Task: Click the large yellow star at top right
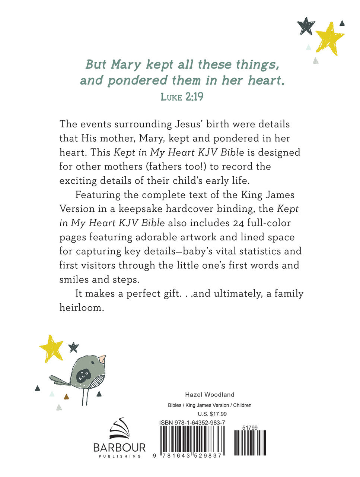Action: pyautogui.click(x=329, y=38)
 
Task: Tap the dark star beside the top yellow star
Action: pyautogui.click(x=306, y=26)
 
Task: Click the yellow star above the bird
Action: pyautogui.click(x=51, y=348)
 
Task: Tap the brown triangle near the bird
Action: pyautogui.click(x=66, y=397)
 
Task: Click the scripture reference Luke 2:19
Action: pyautogui.click(x=182, y=97)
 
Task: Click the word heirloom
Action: pyautogui.click(x=81, y=308)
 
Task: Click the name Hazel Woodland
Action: pyautogui.click(x=210, y=395)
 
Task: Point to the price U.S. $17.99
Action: pyautogui.click(x=212, y=414)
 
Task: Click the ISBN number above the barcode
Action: pyautogui.click(x=192, y=423)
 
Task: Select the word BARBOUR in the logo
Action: pyautogui.click(x=119, y=448)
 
